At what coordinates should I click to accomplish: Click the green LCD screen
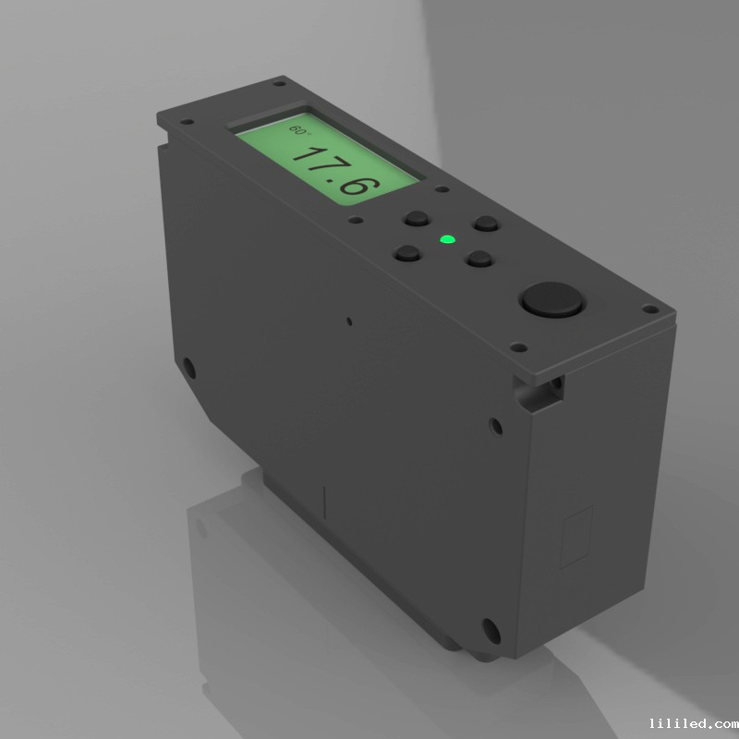328,159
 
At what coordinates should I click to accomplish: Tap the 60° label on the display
298,129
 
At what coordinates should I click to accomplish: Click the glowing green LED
447,239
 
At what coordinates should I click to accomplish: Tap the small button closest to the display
417,219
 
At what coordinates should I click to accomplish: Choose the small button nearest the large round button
479,259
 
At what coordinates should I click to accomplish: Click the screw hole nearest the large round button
519,348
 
